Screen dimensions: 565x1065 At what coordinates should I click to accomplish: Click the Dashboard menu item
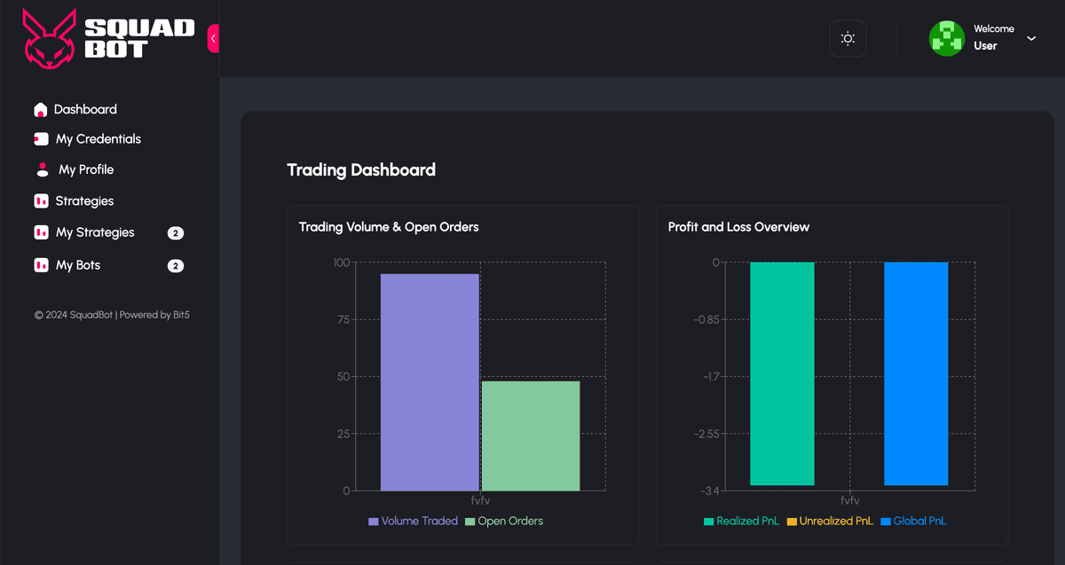click(x=85, y=110)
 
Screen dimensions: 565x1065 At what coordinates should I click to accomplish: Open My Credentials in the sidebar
click(x=98, y=139)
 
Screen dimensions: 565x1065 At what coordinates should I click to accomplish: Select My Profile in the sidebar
click(x=86, y=169)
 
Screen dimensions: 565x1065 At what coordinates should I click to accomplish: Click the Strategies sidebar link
click(x=84, y=201)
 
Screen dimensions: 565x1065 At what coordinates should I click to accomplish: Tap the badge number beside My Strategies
click(x=176, y=233)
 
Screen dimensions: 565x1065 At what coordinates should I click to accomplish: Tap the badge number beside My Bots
click(x=176, y=266)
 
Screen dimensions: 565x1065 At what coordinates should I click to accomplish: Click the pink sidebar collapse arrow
click(x=213, y=38)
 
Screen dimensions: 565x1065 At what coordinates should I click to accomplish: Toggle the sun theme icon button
click(x=848, y=39)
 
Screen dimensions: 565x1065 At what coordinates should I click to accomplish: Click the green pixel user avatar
click(x=946, y=38)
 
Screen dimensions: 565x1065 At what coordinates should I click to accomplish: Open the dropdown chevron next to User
click(x=1031, y=38)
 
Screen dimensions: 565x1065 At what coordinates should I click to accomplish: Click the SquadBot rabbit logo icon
click(x=50, y=38)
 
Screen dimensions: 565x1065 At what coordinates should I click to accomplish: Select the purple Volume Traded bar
click(x=430, y=381)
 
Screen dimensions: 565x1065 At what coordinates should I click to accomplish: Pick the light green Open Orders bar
click(x=530, y=436)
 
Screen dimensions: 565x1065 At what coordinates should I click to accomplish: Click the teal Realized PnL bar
click(x=782, y=373)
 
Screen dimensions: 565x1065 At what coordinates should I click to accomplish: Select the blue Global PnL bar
click(x=916, y=373)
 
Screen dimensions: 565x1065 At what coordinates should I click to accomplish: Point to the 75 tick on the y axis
click(x=343, y=319)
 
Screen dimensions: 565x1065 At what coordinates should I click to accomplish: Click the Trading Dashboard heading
click(x=361, y=169)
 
